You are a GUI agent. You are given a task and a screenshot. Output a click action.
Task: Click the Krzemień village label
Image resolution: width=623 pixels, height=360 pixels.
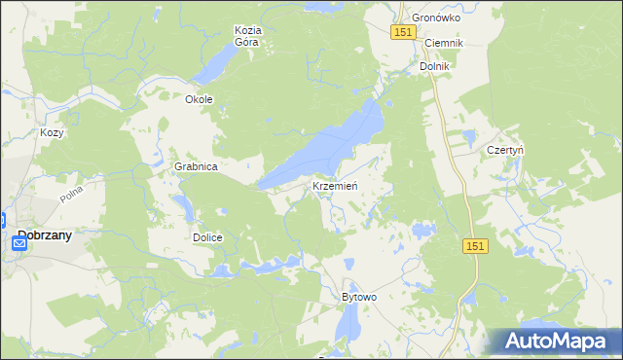point(336,186)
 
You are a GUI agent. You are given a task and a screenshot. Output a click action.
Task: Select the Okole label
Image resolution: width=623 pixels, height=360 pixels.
point(199,99)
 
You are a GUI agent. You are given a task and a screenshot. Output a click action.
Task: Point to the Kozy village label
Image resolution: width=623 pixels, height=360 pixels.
point(52,132)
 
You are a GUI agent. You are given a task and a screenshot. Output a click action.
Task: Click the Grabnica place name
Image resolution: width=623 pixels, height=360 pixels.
point(196,166)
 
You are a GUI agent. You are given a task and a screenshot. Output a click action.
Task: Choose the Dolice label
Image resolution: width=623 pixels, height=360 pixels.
point(207,237)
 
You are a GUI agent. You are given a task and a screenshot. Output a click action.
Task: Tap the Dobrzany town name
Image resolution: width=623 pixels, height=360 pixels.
point(57,234)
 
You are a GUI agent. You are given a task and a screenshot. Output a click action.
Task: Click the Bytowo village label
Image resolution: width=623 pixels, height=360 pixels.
point(358,296)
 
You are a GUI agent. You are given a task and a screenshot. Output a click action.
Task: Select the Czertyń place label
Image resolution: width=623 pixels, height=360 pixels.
point(505,151)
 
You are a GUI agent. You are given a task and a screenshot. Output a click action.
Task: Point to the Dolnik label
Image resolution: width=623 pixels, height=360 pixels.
point(433,66)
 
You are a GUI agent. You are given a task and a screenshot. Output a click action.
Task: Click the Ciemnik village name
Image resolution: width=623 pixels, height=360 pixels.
point(442,44)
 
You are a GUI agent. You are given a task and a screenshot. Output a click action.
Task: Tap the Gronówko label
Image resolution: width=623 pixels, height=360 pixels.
point(435,18)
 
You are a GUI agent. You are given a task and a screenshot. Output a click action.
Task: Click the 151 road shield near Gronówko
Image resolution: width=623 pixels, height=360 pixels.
point(405,32)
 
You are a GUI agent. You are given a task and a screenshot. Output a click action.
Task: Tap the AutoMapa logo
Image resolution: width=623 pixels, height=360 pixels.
point(557,342)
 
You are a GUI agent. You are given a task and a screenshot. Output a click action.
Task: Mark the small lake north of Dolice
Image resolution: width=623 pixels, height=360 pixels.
point(182,205)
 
